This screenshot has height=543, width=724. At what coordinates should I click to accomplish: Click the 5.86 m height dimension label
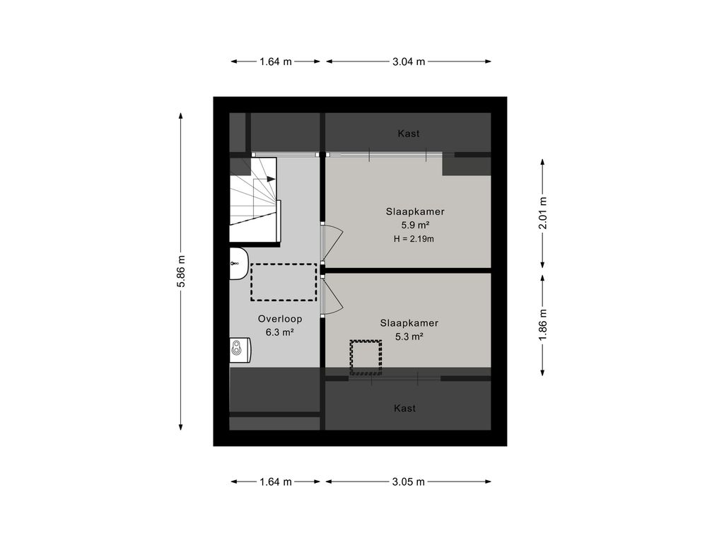click(x=181, y=271)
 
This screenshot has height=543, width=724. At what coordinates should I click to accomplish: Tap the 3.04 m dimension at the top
click(x=409, y=62)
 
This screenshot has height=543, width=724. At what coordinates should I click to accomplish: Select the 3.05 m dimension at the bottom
click(x=409, y=481)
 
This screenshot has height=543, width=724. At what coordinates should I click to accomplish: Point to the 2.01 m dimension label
click(x=543, y=213)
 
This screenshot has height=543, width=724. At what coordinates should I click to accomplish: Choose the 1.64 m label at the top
click(x=276, y=62)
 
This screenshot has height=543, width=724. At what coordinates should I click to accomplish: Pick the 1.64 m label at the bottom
click(x=276, y=481)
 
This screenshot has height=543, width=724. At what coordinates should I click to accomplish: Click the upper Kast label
click(x=409, y=134)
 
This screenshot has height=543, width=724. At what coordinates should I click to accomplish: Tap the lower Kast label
click(x=405, y=408)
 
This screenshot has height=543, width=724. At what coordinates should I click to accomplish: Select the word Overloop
click(x=280, y=319)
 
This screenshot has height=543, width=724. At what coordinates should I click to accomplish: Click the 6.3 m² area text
click(x=280, y=332)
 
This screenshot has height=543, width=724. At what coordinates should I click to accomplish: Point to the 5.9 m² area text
click(x=415, y=226)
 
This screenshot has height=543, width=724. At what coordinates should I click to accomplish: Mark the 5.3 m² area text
click(x=409, y=337)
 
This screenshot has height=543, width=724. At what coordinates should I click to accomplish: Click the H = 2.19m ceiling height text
click(x=414, y=239)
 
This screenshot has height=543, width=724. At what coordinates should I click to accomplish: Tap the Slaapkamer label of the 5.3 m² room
click(x=409, y=323)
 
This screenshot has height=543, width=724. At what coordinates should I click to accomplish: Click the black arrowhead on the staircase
click(x=271, y=179)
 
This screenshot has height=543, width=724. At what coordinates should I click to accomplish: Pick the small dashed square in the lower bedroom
click(x=366, y=357)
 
